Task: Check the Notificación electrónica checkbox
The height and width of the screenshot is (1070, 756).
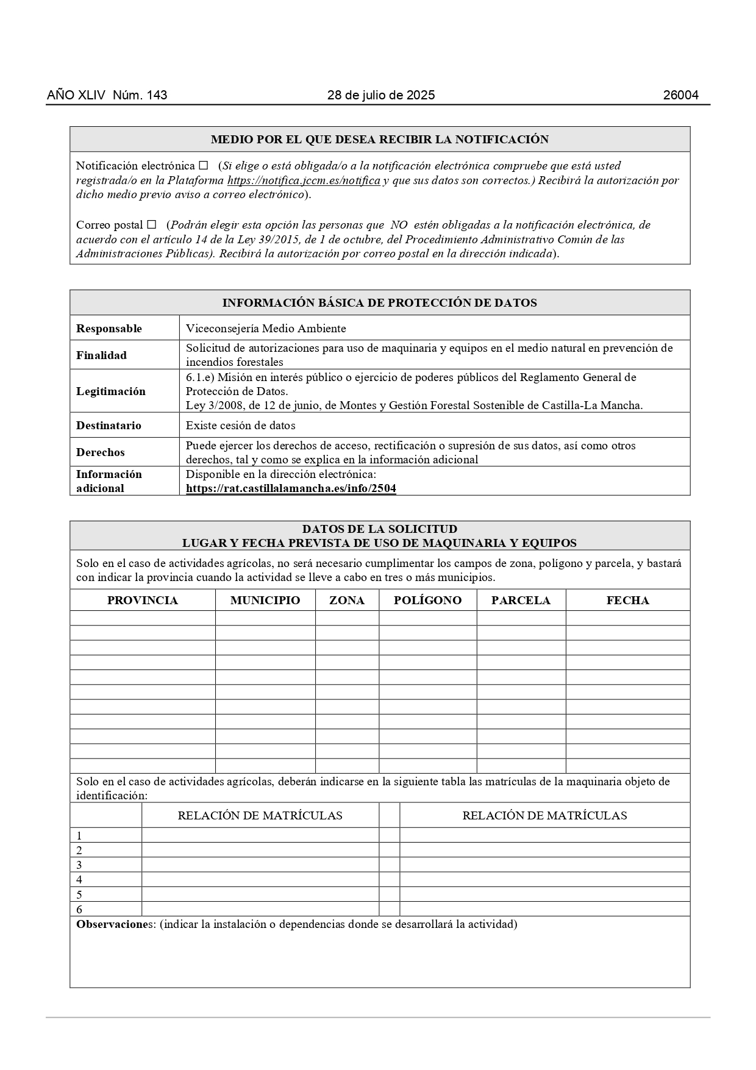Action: (x=204, y=165)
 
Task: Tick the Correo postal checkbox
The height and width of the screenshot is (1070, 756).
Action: (x=152, y=224)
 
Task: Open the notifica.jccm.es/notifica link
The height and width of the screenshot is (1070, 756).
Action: (x=304, y=180)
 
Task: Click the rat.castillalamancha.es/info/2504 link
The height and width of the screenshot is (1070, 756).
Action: (x=291, y=488)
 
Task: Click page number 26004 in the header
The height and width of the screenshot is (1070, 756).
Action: (x=680, y=95)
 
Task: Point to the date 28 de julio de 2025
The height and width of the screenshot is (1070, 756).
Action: (x=380, y=95)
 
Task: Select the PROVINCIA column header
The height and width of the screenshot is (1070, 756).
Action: (x=142, y=600)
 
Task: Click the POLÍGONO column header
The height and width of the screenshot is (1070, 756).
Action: (x=427, y=600)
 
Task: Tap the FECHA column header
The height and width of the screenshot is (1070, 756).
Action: (x=627, y=600)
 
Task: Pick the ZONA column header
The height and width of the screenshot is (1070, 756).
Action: (x=346, y=600)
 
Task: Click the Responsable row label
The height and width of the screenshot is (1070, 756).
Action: (x=109, y=329)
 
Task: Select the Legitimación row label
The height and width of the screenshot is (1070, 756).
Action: (x=111, y=391)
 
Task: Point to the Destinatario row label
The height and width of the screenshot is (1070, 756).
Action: (x=109, y=426)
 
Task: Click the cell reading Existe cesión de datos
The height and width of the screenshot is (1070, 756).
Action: (x=240, y=426)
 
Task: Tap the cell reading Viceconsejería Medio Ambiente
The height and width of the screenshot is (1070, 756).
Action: (x=266, y=329)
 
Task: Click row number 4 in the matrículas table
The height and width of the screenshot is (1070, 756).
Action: (x=79, y=880)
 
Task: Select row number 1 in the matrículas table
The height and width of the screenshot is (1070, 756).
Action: (x=79, y=836)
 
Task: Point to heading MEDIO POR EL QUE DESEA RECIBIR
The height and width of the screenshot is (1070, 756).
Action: (x=379, y=140)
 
